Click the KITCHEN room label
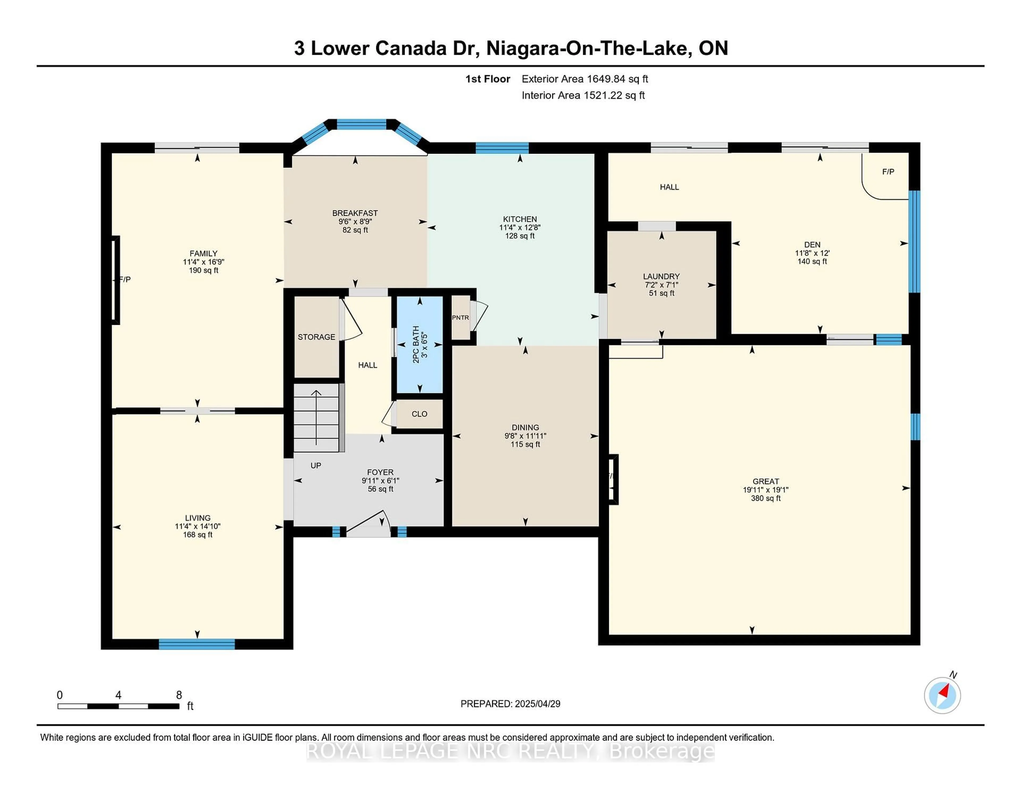(x=520, y=219)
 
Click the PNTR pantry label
(x=461, y=317)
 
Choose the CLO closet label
(x=419, y=414)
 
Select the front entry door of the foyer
(x=368, y=523)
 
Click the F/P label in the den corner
(x=888, y=171)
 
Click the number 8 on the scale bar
(x=179, y=695)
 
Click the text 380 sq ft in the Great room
(x=766, y=498)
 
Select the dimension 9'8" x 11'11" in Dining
(x=525, y=436)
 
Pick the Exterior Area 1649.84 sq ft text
(x=585, y=79)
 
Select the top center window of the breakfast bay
(x=362, y=124)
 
